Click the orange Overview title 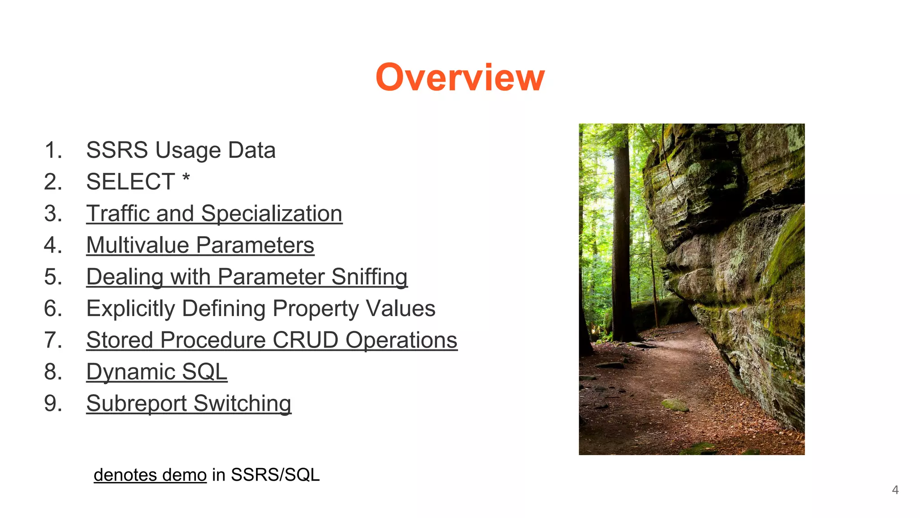pos(460,77)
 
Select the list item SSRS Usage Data pos(181,150)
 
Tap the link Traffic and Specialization pos(214,214)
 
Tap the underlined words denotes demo pos(150,475)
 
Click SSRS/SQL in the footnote pos(275,475)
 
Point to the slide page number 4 pos(895,490)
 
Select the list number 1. pos(53,150)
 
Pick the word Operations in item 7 pos(401,340)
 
